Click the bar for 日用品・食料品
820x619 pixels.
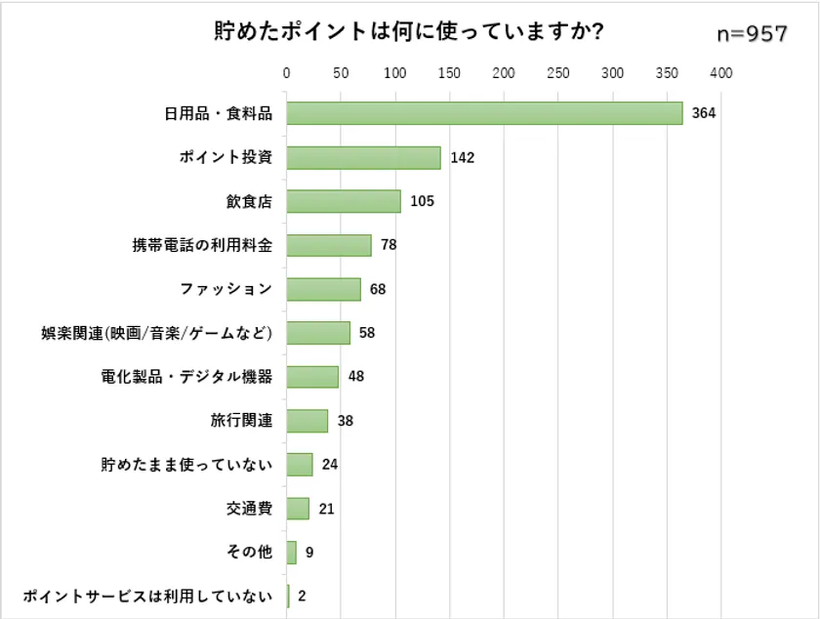tap(484, 113)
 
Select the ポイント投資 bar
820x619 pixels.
tap(363, 157)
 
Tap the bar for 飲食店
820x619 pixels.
tap(344, 201)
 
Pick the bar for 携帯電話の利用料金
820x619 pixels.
tap(329, 245)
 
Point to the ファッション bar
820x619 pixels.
tap(323, 289)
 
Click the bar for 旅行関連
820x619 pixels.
tap(307, 421)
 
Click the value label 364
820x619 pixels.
tap(704, 113)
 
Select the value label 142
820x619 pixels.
tap(462, 157)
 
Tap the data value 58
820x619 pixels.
tap(367, 333)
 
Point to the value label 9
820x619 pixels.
tap(309, 553)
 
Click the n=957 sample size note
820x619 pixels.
tap(752, 34)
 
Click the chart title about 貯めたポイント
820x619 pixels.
tap(408, 32)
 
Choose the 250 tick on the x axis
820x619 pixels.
tap(558, 72)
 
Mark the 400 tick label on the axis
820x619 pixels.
tap(721, 72)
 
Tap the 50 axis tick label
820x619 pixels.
tap(341, 72)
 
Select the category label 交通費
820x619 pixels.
tap(249, 509)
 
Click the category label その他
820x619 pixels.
tap(249, 553)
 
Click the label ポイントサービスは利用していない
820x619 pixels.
tap(146, 597)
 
